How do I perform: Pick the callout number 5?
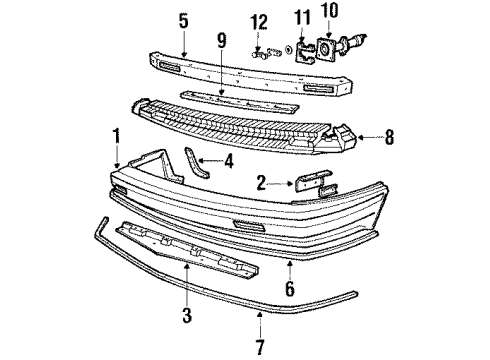[x=183, y=19]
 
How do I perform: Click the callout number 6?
[x=290, y=291]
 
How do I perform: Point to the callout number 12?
[x=260, y=21]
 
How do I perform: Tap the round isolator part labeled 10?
[x=329, y=49]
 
